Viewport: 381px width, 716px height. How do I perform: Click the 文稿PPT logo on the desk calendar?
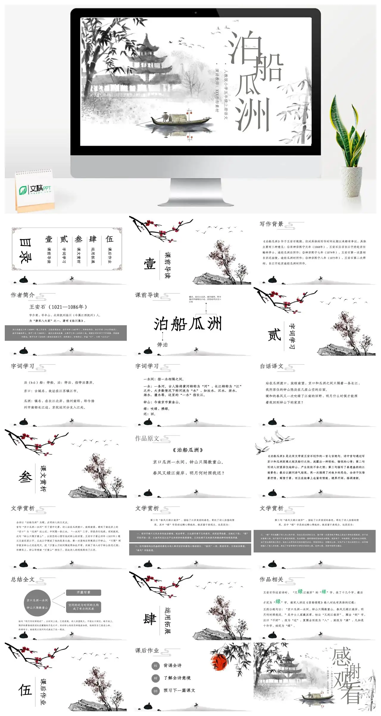click(35, 189)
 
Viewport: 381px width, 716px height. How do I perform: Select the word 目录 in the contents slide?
click(24, 250)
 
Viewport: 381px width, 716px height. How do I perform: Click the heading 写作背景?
click(271, 224)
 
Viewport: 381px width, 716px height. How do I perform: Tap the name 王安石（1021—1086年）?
click(58, 307)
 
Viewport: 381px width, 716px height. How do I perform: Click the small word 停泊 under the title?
click(163, 344)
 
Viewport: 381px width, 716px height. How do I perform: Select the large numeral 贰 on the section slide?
click(274, 335)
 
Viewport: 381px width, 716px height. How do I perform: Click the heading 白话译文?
click(271, 366)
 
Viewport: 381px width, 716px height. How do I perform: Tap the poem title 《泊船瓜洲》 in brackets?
click(188, 450)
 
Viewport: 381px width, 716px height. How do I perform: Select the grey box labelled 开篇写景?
click(83, 592)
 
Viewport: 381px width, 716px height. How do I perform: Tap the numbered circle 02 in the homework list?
click(155, 678)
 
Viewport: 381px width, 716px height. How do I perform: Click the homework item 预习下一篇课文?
click(179, 690)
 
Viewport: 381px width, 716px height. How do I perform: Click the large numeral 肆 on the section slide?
click(149, 619)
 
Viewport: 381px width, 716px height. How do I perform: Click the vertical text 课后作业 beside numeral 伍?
click(43, 692)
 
